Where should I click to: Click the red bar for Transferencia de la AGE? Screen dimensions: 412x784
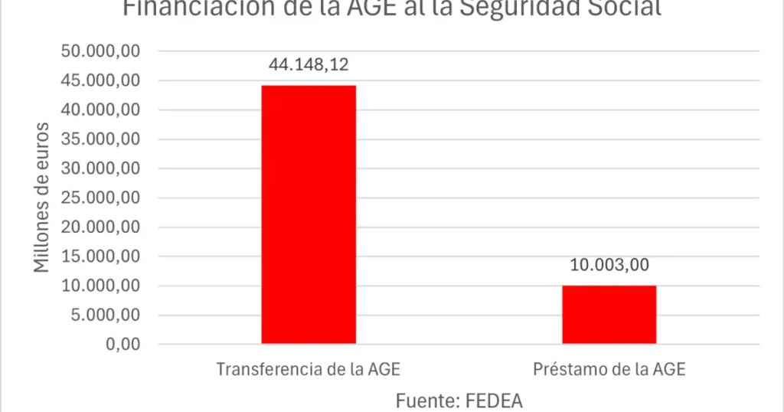[x=309, y=214]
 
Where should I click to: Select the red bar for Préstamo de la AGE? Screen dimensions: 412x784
[x=609, y=315]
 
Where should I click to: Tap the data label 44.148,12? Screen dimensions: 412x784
[x=309, y=64]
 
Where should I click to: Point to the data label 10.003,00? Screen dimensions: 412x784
[x=609, y=265]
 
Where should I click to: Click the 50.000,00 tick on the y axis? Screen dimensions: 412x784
[x=106, y=51]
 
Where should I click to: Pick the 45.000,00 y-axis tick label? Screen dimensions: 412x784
[x=106, y=80]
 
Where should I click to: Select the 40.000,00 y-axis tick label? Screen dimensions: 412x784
[x=106, y=110]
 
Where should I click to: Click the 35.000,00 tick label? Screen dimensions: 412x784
[x=106, y=139]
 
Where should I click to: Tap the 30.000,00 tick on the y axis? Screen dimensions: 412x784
[x=106, y=168]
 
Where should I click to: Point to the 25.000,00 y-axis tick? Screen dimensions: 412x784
[x=106, y=198]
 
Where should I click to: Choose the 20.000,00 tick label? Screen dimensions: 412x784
[x=106, y=227]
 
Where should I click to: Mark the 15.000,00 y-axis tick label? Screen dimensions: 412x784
[x=106, y=257]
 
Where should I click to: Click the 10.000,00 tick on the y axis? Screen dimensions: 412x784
[x=106, y=286]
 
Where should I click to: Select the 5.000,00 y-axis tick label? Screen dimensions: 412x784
[x=110, y=316]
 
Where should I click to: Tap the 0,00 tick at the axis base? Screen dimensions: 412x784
[x=124, y=345]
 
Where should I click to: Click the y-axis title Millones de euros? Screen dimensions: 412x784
[x=42, y=198]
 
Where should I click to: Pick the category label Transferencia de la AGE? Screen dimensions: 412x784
[x=309, y=369]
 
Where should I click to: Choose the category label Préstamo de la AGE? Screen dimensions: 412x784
[x=609, y=369]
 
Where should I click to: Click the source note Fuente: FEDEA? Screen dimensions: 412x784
[x=459, y=401]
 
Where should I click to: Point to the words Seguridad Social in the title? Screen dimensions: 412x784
[x=567, y=9]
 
